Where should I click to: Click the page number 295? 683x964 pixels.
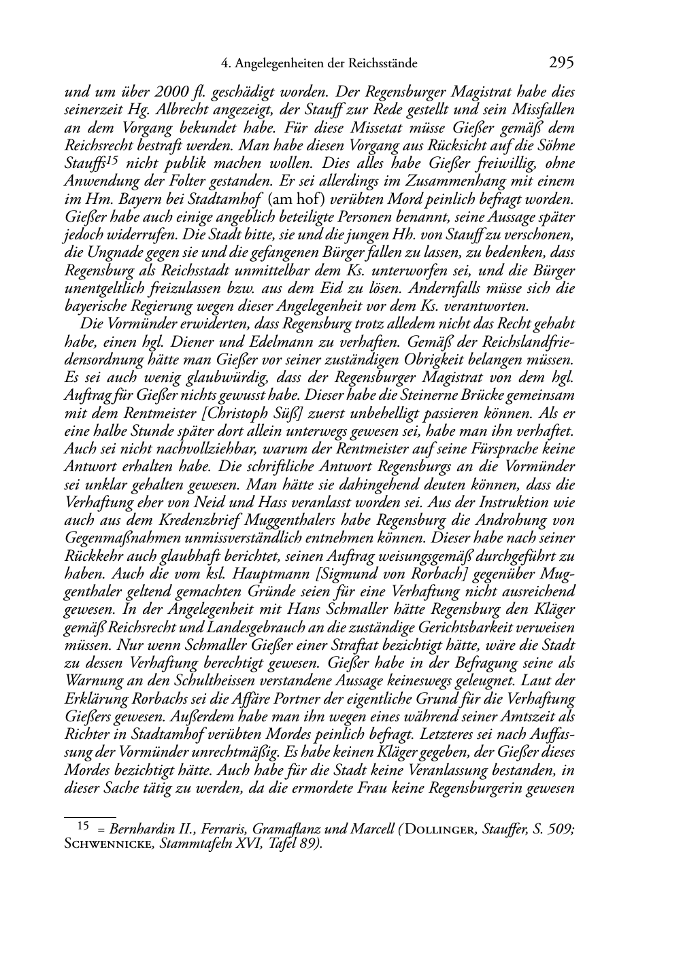pyautogui.click(x=561, y=63)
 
